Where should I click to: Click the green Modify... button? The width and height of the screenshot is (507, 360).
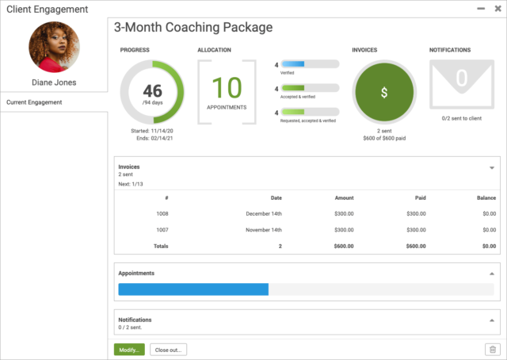pos(129,350)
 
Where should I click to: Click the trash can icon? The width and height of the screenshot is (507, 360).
pos(492,350)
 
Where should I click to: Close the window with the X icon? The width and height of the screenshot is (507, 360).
pos(497,8)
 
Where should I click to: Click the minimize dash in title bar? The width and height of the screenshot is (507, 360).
pos(481,8)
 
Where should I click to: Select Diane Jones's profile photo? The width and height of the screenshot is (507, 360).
pos(54,47)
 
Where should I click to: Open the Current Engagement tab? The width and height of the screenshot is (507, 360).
pos(34,102)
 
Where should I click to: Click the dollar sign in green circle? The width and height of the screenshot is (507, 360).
pos(384,93)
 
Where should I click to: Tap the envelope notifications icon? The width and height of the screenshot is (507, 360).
pos(461,84)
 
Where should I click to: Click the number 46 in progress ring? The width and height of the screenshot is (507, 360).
pos(152,90)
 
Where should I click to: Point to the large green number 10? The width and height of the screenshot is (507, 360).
pos(227,86)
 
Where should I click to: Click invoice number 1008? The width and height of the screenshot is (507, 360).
pos(162,213)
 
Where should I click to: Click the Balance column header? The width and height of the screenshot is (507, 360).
pos(486,197)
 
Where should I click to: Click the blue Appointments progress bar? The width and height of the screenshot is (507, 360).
pos(193,289)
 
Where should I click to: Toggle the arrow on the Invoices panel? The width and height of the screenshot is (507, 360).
pos(491,168)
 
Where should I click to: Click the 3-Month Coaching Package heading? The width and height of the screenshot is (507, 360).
pos(193,28)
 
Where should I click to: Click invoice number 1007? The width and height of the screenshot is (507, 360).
pos(162,230)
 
